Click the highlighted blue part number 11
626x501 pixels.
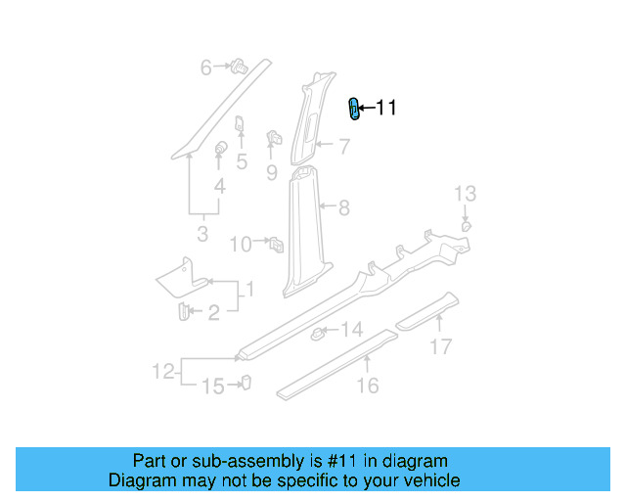[355, 109]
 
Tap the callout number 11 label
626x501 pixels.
[386, 109]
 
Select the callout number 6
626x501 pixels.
[206, 68]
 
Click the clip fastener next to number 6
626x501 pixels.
[237, 68]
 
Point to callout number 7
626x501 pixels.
[344, 148]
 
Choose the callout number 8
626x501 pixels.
[343, 207]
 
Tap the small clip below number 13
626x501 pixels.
[467, 225]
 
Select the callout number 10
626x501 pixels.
[241, 245]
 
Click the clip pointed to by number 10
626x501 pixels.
[277, 242]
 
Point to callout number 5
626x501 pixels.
[241, 162]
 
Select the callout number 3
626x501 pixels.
[202, 235]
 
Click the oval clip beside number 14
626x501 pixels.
[319, 335]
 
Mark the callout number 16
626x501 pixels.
[367, 387]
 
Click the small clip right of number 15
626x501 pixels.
[246, 383]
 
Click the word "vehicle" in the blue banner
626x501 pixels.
[429, 480]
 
